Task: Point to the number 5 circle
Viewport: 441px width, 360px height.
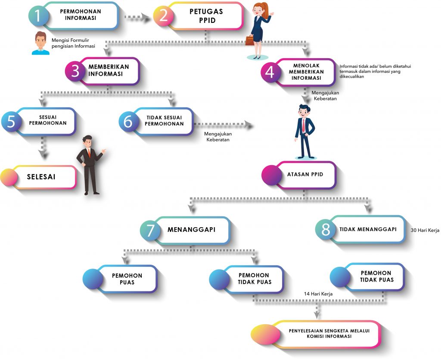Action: tap(12, 122)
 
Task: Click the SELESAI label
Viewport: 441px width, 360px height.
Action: tap(41, 177)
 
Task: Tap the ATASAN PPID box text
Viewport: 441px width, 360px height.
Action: tap(305, 175)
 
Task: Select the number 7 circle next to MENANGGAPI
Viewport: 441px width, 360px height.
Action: tap(150, 230)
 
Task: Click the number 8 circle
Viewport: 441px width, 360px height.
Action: tap(326, 230)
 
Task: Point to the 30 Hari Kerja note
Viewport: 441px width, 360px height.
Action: tap(425, 230)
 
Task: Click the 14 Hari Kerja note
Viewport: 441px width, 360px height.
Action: tap(318, 294)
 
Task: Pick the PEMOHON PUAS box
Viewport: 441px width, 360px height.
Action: tap(127, 279)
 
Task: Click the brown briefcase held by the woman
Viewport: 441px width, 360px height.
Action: tap(250, 41)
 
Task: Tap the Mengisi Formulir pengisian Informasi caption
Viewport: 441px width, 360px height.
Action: tap(73, 43)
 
